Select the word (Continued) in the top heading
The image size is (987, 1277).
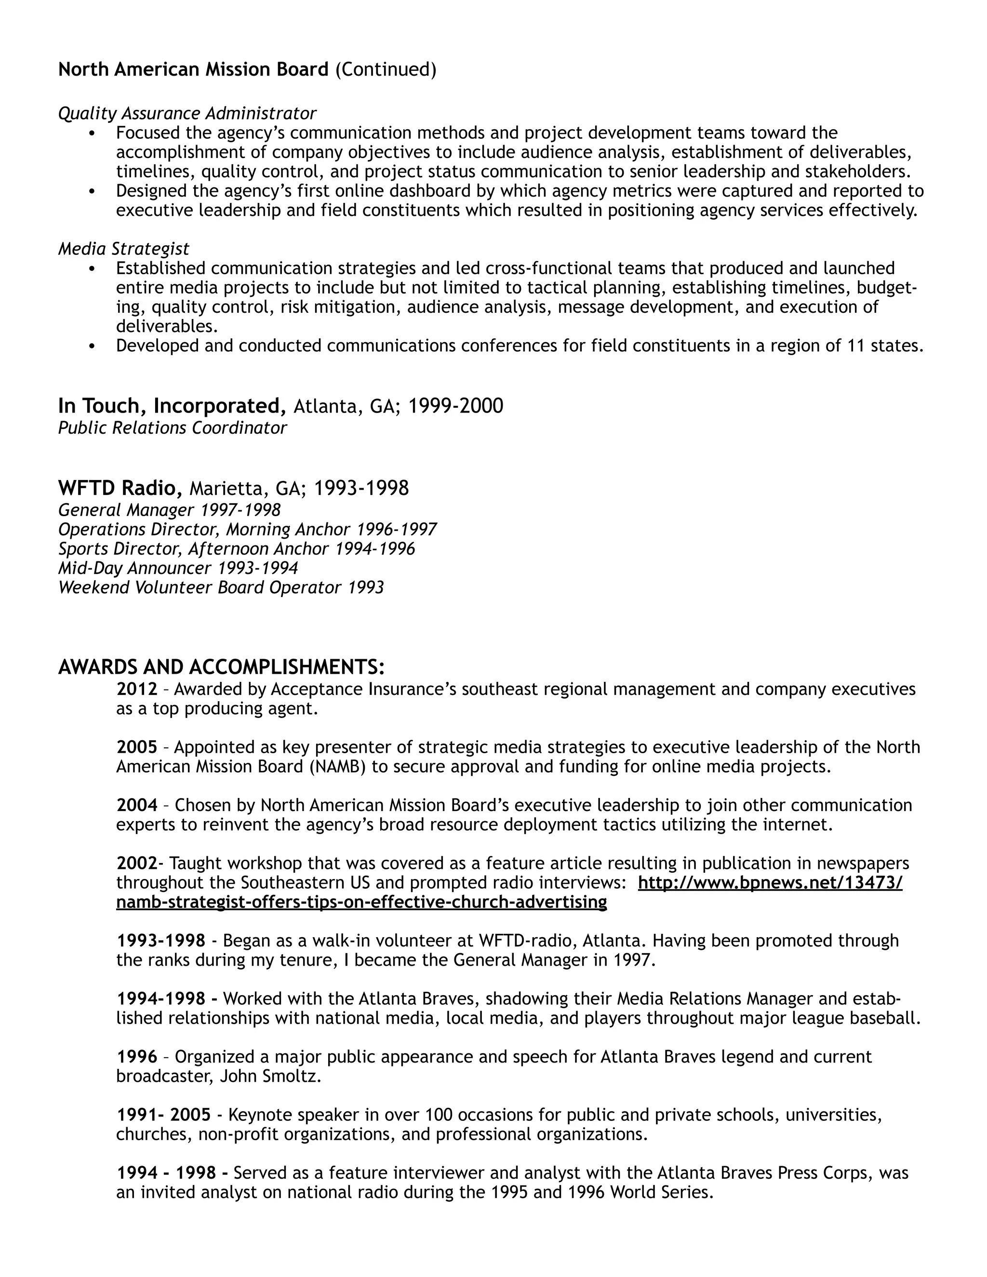coord(386,69)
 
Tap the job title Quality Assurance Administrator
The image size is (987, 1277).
coord(187,113)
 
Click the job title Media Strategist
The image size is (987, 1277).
coord(123,249)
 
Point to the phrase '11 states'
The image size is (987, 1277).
coord(885,346)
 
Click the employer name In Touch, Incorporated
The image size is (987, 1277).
coord(172,406)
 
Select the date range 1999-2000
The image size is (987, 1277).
coord(455,406)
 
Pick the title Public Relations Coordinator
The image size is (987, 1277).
coord(173,428)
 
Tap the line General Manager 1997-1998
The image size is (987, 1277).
coord(170,510)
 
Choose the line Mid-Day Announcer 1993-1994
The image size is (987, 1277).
coord(178,568)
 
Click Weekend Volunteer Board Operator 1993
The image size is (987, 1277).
coord(221,587)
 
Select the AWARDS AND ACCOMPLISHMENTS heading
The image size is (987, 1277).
coord(221,666)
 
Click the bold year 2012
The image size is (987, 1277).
coord(137,690)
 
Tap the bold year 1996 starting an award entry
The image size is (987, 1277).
coord(137,1057)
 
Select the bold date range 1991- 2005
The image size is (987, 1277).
coord(164,1115)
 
